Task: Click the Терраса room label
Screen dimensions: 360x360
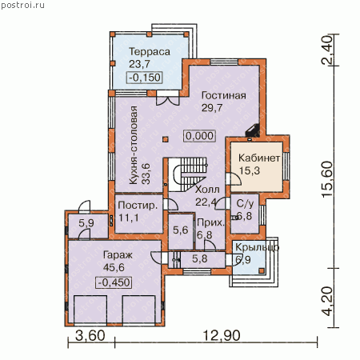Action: coord(150,52)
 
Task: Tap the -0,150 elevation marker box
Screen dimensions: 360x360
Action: coord(145,78)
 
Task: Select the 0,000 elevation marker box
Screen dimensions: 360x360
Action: coord(200,136)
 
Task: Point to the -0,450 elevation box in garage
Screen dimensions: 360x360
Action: coord(114,282)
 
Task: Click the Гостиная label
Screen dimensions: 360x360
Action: coord(224,95)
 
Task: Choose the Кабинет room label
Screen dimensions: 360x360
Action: coord(259,158)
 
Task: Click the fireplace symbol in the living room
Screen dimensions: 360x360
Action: coord(252,130)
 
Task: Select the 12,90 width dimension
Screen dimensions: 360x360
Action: coord(222,335)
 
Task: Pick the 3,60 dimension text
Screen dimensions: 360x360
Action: coord(90,335)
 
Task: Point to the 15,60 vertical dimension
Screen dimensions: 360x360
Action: coord(328,179)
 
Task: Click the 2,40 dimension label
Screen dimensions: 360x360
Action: coord(328,50)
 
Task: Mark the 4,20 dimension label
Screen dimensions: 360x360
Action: coord(328,302)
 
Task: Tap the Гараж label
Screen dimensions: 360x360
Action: coord(118,255)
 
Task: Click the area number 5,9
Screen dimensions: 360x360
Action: coord(86,223)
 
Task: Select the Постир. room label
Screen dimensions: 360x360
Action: coord(138,205)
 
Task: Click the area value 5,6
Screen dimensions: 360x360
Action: coord(181,230)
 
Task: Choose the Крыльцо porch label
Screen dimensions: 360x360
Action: coord(257,247)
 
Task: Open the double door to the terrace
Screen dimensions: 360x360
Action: coord(167,98)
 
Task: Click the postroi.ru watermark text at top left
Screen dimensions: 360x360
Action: coord(22,5)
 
